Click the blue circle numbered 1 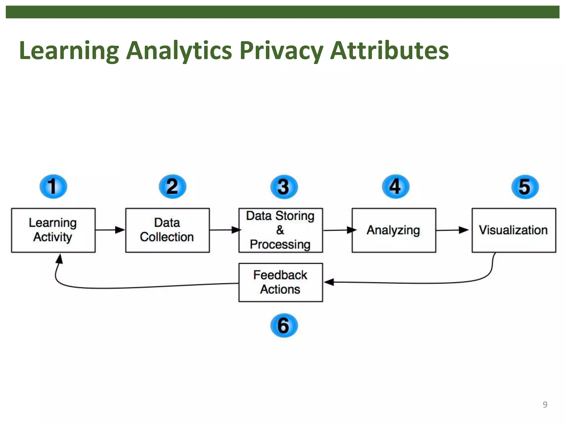pyautogui.click(x=53, y=187)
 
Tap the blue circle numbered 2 pyautogui.click(x=172, y=187)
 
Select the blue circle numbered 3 pyautogui.click(x=284, y=187)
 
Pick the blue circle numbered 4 pyautogui.click(x=395, y=187)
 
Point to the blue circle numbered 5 pyautogui.click(x=525, y=187)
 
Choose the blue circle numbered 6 pyautogui.click(x=284, y=325)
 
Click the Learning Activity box pyautogui.click(x=53, y=230)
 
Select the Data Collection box pyautogui.click(x=167, y=230)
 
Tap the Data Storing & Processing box pyautogui.click(x=281, y=230)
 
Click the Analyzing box pyautogui.click(x=394, y=230)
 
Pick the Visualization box pyautogui.click(x=513, y=230)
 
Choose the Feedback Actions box pyautogui.click(x=281, y=282)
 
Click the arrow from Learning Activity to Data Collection pyautogui.click(x=110, y=230)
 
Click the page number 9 pyautogui.click(x=545, y=404)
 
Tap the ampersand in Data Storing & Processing pyautogui.click(x=280, y=230)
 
